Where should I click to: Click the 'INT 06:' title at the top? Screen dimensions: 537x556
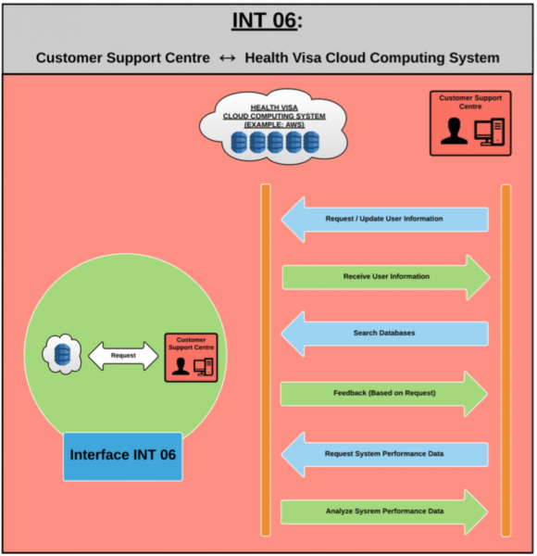click(x=267, y=20)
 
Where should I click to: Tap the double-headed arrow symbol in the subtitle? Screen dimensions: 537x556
click(x=227, y=58)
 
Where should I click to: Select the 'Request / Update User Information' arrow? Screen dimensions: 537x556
click(x=384, y=220)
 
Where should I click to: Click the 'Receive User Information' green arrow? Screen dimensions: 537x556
click(x=386, y=277)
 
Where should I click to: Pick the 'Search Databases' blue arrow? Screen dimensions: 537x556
click(x=384, y=334)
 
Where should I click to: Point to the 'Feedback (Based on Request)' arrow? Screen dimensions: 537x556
click(x=384, y=394)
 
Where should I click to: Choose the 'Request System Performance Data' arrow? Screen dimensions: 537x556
click(x=384, y=454)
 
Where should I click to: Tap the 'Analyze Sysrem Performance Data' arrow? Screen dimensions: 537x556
click(x=384, y=512)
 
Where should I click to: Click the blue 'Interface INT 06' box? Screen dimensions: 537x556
click(x=123, y=456)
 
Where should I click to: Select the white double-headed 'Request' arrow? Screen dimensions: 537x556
click(x=123, y=356)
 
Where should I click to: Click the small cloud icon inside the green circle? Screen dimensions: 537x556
click(x=62, y=354)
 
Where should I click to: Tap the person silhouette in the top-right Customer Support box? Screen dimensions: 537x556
click(x=454, y=132)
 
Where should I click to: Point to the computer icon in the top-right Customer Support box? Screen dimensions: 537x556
click(x=490, y=132)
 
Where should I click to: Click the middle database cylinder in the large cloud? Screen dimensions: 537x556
click(x=275, y=142)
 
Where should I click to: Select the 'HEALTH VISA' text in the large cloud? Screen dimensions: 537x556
click(x=274, y=107)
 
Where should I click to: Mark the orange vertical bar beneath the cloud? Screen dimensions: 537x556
click(x=266, y=360)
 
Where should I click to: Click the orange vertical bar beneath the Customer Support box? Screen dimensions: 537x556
click(x=506, y=360)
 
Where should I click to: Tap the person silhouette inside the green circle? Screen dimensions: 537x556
click(x=181, y=367)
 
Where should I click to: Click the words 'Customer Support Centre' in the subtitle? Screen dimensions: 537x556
click(x=123, y=57)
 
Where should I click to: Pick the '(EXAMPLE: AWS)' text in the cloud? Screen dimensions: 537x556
click(x=274, y=125)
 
